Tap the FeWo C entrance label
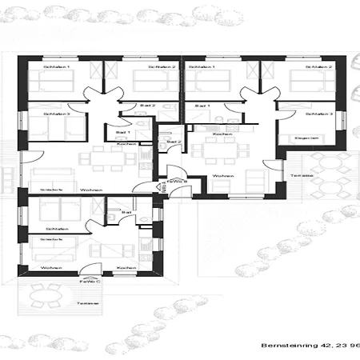(89, 281)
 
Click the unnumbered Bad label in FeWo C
(126, 212)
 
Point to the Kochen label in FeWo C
(125, 267)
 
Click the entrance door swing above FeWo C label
(94, 270)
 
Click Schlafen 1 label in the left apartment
(57, 67)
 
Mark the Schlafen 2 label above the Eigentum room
(319, 67)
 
